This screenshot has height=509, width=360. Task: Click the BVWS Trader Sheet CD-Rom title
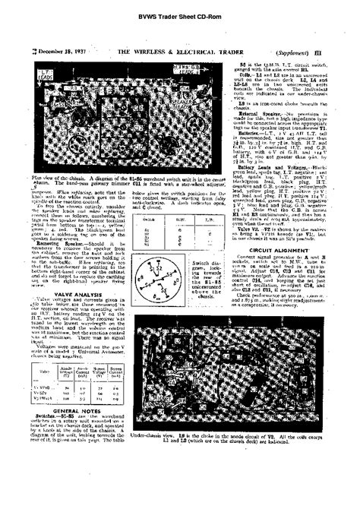click(180, 16)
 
